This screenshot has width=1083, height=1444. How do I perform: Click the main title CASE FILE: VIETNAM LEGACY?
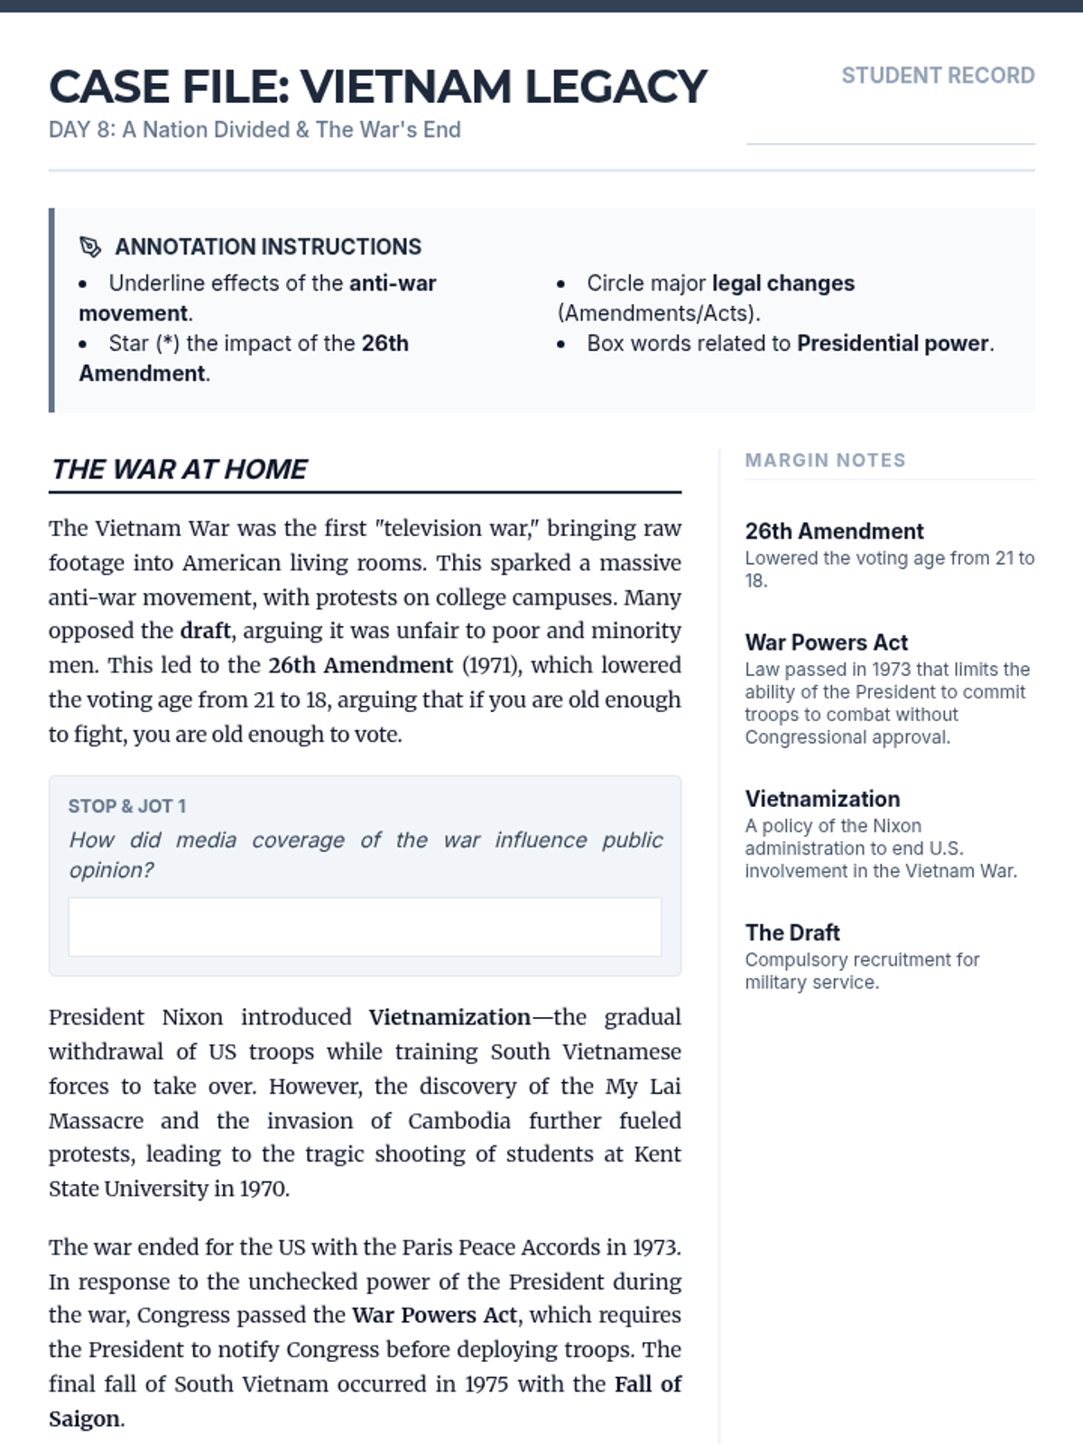[377, 88]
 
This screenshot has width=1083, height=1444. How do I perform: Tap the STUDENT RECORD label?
[938, 76]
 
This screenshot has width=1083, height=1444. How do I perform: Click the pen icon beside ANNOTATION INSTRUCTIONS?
[90, 246]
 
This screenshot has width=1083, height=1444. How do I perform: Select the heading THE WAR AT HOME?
[179, 469]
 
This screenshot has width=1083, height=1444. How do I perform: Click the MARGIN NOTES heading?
[825, 460]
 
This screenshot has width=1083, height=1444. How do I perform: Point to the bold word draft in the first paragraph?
[205, 631]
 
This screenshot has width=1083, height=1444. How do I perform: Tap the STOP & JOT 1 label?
[127, 806]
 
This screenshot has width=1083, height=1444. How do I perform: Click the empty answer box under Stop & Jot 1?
[365, 927]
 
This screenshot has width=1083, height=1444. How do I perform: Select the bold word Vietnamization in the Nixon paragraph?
[449, 1017]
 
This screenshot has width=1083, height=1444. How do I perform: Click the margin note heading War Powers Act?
[826, 643]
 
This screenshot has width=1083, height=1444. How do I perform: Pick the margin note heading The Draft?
[792, 932]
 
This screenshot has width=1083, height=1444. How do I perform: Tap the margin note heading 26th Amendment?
[834, 532]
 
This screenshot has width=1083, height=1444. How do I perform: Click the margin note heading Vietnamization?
[822, 799]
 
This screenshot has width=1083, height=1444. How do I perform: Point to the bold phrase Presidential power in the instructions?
[893, 344]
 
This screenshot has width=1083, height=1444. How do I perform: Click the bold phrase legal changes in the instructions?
[782, 283]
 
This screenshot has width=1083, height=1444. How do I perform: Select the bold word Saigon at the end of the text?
[84, 1419]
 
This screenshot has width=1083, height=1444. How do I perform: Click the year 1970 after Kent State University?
[264, 1189]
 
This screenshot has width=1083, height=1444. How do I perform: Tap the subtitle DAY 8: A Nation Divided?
[255, 130]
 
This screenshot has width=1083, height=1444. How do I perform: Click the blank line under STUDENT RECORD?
[890, 143]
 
